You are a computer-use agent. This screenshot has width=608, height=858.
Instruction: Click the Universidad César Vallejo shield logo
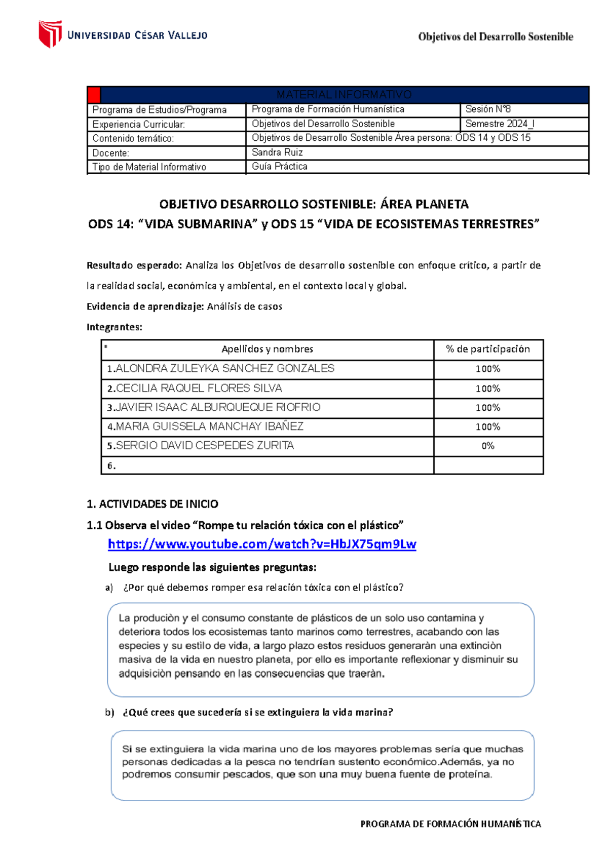pos(50,34)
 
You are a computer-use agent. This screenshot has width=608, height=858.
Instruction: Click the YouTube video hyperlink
pos(262,544)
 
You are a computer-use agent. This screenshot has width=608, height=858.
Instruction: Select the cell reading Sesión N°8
pos(488,109)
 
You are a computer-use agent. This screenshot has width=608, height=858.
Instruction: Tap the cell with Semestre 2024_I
pos(500,124)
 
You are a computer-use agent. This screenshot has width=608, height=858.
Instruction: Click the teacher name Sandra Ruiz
pos(277,152)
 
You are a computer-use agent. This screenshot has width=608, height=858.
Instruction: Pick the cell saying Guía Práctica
pos(280,167)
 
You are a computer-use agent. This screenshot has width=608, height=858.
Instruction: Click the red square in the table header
pos(94,95)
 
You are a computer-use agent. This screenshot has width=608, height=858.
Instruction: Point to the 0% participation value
pos(488,446)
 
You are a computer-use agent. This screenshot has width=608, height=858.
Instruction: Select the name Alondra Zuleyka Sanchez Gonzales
pos(221,369)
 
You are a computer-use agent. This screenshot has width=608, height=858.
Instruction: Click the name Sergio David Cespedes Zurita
pos(201,446)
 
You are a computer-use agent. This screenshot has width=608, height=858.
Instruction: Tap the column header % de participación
pos(488,349)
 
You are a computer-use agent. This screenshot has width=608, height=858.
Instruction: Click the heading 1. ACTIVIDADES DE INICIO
pos(153,504)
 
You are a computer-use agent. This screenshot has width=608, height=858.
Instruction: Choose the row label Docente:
pos(111,153)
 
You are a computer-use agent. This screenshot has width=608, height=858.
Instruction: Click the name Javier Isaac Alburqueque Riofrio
pos(214,408)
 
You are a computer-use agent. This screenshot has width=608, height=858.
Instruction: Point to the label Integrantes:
pos(115,327)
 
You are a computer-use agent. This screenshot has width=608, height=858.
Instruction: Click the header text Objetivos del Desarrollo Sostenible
pos(495,37)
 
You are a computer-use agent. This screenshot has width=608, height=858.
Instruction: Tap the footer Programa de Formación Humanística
pos(450,824)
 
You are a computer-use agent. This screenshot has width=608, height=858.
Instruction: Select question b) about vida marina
pos(257,713)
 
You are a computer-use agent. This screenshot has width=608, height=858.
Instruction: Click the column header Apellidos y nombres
pos(267,349)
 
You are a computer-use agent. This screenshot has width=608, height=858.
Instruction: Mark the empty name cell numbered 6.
pos(267,465)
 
